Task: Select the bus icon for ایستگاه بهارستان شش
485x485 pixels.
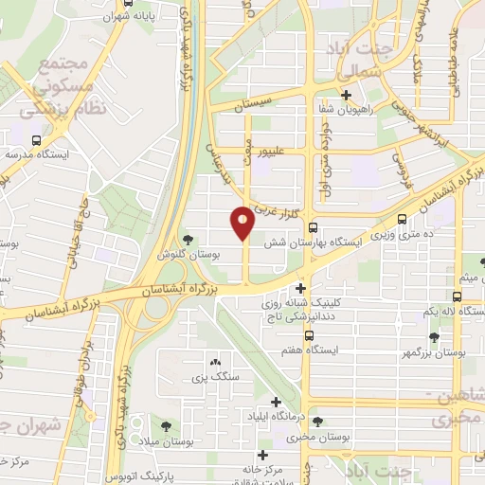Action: tap(313, 226)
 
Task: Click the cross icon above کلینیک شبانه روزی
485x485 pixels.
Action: tap(301, 288)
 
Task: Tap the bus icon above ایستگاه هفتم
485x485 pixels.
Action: tap(309, 334)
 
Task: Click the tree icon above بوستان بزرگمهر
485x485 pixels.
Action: tap(434, 336)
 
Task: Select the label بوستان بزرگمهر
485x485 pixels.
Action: tap(434, 352)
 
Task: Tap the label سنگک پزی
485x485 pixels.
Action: tap(212, 378)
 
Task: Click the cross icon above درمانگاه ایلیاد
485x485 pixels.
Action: tap(276, 402)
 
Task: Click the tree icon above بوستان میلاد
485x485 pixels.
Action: tap(167, 426)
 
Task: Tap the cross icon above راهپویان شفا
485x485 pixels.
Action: tap(347, 95)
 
